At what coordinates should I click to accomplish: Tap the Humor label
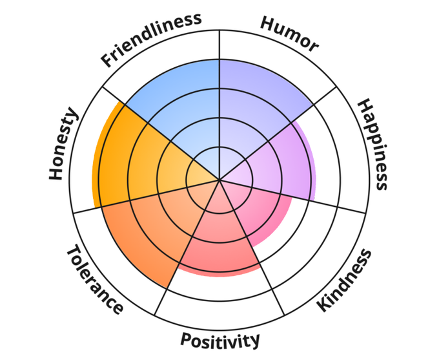(289, 34)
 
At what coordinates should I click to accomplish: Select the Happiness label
(373, 144)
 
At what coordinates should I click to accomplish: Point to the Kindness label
(345, 280)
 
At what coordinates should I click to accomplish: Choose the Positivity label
(220, 339)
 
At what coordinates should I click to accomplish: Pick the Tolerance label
(94, 280)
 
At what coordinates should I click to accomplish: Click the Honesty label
(63, 144)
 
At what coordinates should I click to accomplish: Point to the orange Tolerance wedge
(148, 233)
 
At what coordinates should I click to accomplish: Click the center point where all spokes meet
(219, 180)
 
